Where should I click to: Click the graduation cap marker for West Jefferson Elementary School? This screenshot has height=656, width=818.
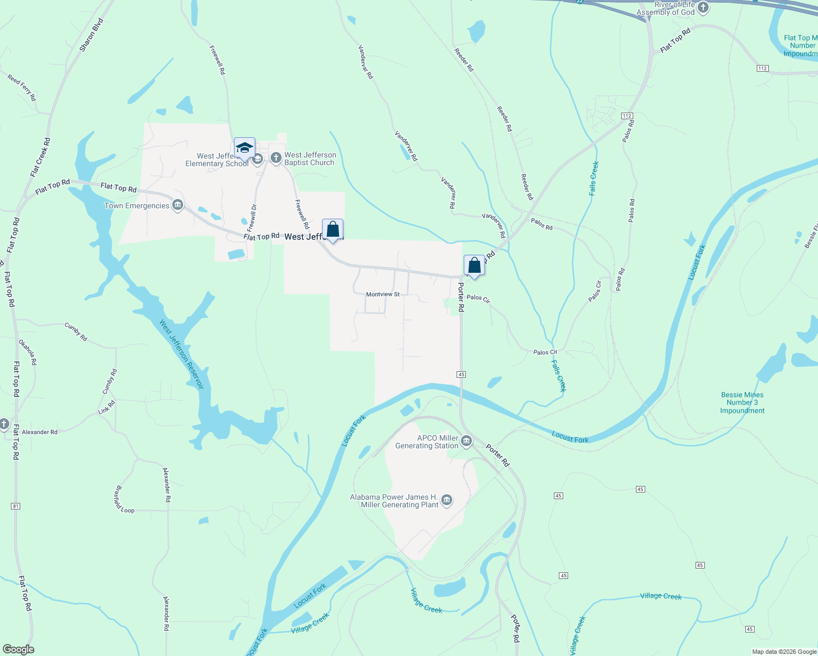tap(244, 148)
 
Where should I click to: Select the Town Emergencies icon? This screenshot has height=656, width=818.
tap(177, 206)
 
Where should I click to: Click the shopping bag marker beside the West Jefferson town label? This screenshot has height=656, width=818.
tap(332, 230)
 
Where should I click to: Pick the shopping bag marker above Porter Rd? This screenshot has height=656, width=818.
tap(474, 266)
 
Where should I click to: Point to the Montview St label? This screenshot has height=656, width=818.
tap(383, 294)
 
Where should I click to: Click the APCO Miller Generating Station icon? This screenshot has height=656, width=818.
tap(466, 441)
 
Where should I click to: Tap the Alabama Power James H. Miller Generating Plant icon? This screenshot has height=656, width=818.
tap(447, 501)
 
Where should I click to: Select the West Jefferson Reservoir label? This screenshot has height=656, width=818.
tap(182, 354)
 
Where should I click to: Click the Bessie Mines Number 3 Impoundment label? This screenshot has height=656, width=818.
tap(742, 402)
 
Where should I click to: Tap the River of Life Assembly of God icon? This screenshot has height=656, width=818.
tap(703, 8)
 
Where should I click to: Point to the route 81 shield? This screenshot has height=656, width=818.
tap(15, 506)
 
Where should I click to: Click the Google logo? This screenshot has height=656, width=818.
tap(18, 649)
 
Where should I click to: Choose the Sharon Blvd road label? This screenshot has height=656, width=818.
tap(91, 35)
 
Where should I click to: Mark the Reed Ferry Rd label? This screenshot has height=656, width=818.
tap(22, 87)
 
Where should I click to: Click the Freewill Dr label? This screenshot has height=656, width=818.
tap(252, 218)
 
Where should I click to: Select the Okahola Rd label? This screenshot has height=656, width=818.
tap(28, 352)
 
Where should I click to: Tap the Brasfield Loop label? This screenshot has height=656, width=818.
tap(124, 499)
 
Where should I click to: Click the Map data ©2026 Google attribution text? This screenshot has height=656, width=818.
tap(784, 652)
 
